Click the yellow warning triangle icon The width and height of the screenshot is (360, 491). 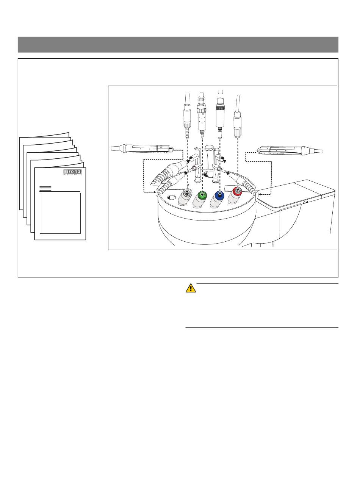[191, 288]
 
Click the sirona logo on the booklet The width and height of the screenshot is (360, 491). [72, 173]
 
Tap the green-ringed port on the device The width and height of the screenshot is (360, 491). [202, 196]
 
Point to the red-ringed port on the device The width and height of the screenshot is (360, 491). [238, 191]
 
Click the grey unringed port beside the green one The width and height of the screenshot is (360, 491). [186, 194]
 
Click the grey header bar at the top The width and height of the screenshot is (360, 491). [178, 45]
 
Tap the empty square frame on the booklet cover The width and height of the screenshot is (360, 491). [60, 213]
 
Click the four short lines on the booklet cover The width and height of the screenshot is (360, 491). [45, 188]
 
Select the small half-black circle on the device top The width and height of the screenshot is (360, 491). [208, 174]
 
